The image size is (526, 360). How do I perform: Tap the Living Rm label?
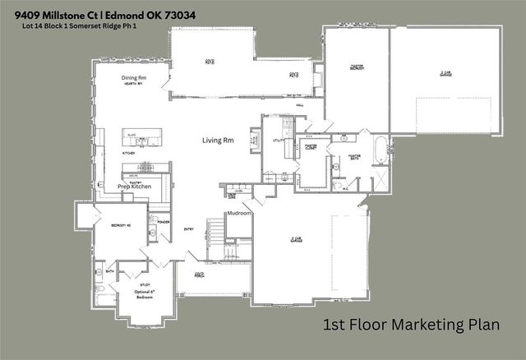[218, 141]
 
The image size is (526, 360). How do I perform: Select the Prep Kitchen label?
[135, 187]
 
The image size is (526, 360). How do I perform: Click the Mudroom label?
[239, 213]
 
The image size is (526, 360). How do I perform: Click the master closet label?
[311, 147]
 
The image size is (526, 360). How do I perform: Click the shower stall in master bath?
[381, 178]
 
